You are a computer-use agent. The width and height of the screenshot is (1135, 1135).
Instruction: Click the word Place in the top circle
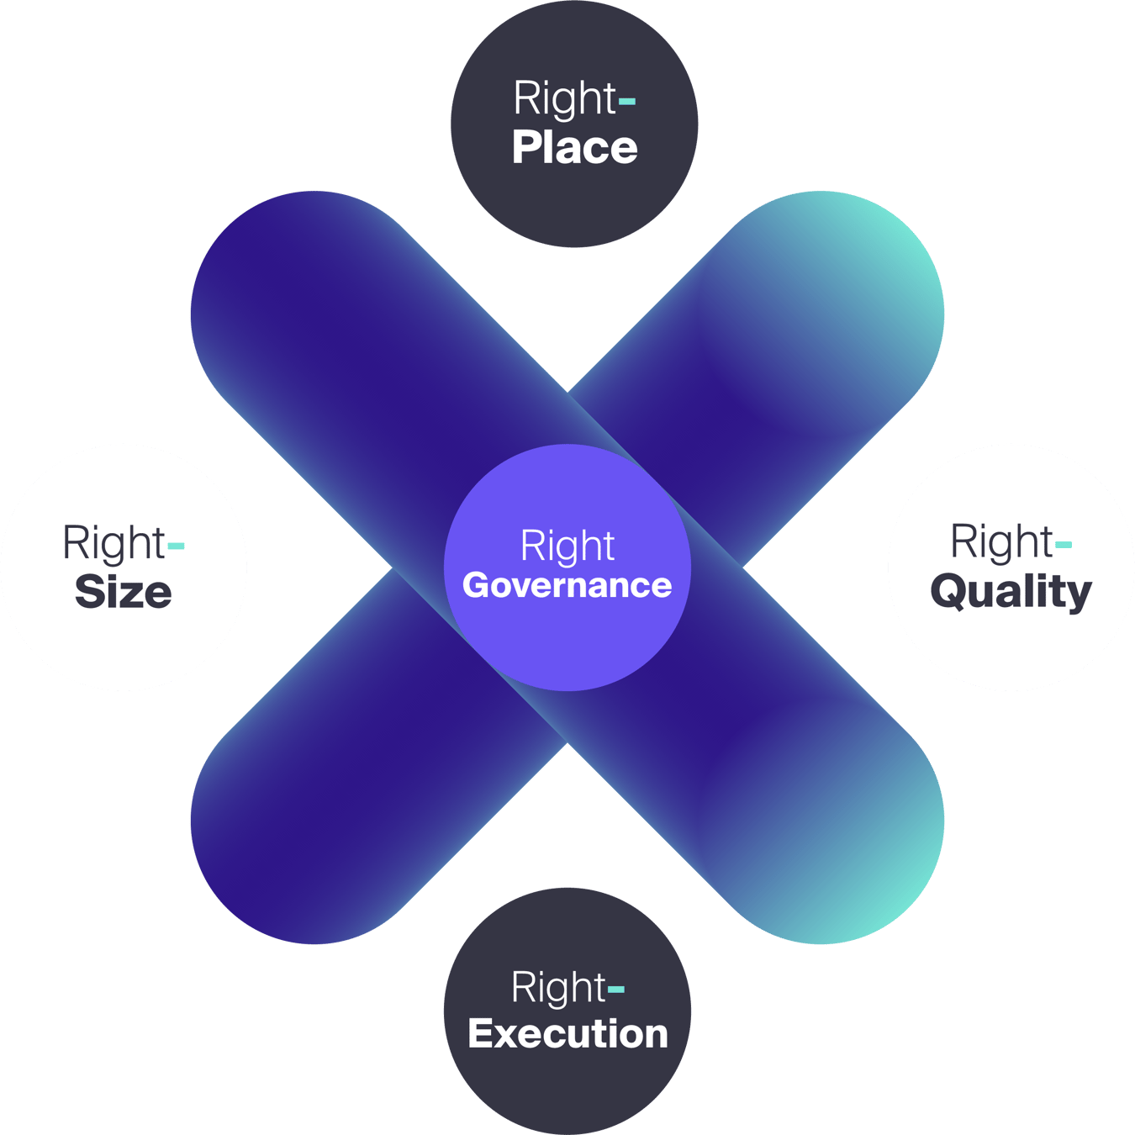click(575, 149)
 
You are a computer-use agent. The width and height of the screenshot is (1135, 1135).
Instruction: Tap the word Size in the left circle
click(124, 592)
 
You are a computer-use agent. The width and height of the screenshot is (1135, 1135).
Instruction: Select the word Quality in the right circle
click(1011, 592)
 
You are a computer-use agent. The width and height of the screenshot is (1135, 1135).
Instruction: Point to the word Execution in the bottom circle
click(567, 1034)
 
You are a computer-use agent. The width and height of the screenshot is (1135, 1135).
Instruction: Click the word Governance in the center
click(567, 586)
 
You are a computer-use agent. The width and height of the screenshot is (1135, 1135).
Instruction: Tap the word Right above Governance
click(567, 546)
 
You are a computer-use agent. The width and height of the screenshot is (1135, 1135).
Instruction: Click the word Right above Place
click(565, 99)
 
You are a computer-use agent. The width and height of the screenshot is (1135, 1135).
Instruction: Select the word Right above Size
click(114, 544)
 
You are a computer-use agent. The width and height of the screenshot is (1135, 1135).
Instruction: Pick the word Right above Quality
click(1001, 542)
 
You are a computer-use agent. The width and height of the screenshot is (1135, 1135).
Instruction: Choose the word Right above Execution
click(558, 988)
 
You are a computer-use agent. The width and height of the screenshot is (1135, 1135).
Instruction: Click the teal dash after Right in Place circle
click(627, 103)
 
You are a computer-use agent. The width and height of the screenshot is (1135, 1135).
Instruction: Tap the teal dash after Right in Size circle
click(176, 546)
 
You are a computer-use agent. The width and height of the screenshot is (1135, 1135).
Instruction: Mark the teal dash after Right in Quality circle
click(1064, 545)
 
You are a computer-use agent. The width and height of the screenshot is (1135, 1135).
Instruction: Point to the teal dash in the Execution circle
click(616, 990)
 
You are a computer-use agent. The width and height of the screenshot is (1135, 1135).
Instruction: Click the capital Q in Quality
click(948, 591)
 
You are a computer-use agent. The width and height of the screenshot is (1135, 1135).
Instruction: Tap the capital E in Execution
click(483, 1033)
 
